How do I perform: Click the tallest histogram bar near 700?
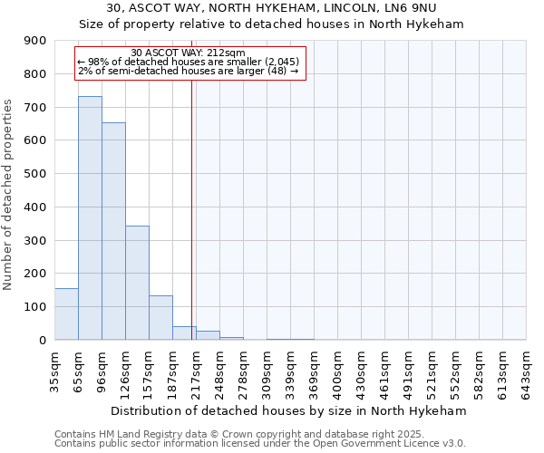click(x=90, y=217)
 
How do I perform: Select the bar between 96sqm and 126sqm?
click(x=113, y=231)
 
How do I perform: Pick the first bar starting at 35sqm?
click(x=66, y=313)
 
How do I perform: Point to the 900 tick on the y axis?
click(x=35, y=41)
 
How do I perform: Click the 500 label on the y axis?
click(x=35, y=174)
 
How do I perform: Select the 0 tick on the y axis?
click(x=42, y=340)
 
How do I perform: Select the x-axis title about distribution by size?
click(x=290, y=410)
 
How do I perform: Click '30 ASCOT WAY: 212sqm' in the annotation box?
click(x=188, y=53)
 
